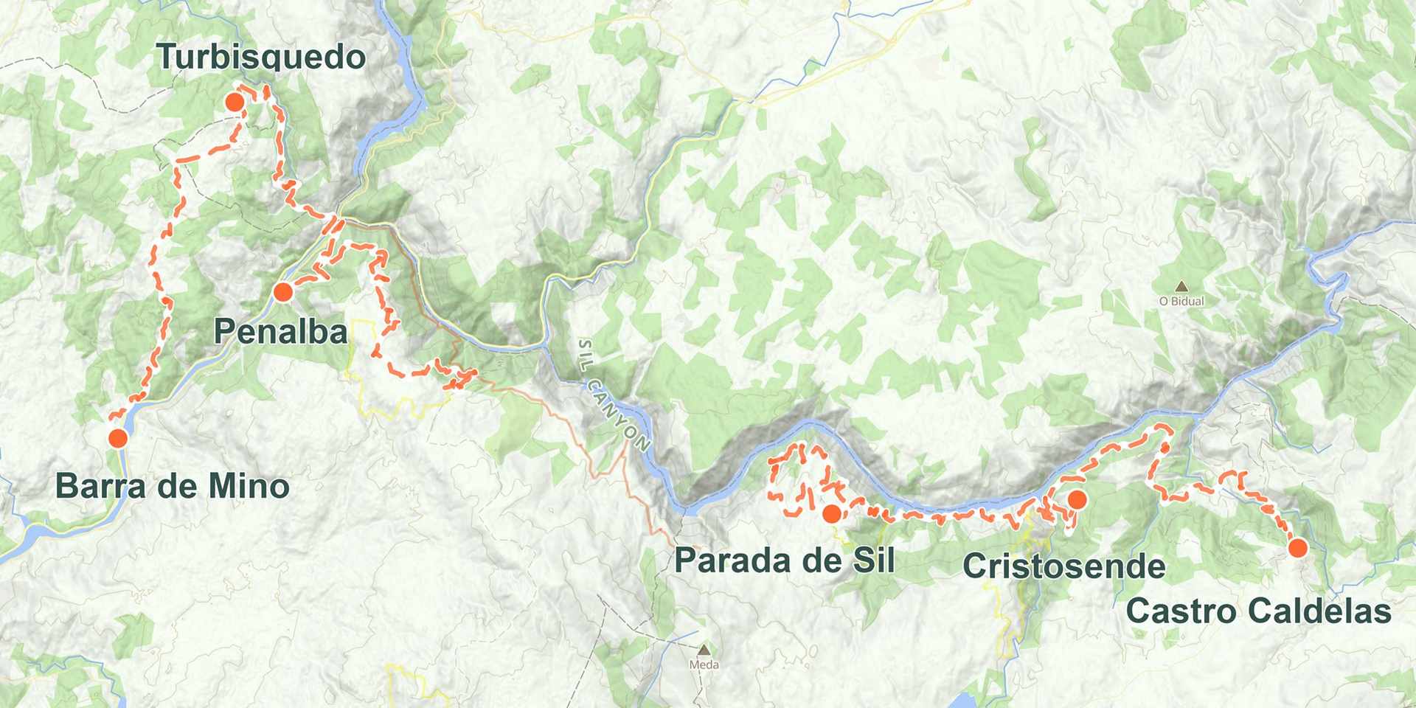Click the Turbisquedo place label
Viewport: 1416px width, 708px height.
point(261,57)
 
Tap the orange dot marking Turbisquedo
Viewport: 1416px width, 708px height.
point(235,102)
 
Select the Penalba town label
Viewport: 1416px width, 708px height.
point(280,332)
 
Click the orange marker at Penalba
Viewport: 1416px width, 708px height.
point(283,293)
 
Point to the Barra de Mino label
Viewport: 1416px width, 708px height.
point(172,487)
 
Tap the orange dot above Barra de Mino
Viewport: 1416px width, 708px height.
point(118,438)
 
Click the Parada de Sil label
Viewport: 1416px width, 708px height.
point(784,561)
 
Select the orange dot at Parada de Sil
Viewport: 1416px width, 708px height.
point(832,514)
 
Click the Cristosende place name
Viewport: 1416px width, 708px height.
point(1063,566)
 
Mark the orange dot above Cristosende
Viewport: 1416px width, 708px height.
point(1077,500)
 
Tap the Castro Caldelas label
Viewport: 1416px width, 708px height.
point(1258,611)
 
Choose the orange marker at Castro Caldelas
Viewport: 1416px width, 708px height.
point(1298,547)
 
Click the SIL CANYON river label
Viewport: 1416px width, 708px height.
point(614,395)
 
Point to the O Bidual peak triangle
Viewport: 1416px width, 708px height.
point(1181,286)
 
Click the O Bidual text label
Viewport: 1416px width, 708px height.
point(1181,301)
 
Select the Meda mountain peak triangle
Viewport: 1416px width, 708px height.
point(704,650)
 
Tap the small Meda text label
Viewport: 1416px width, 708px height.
point(704,664)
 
